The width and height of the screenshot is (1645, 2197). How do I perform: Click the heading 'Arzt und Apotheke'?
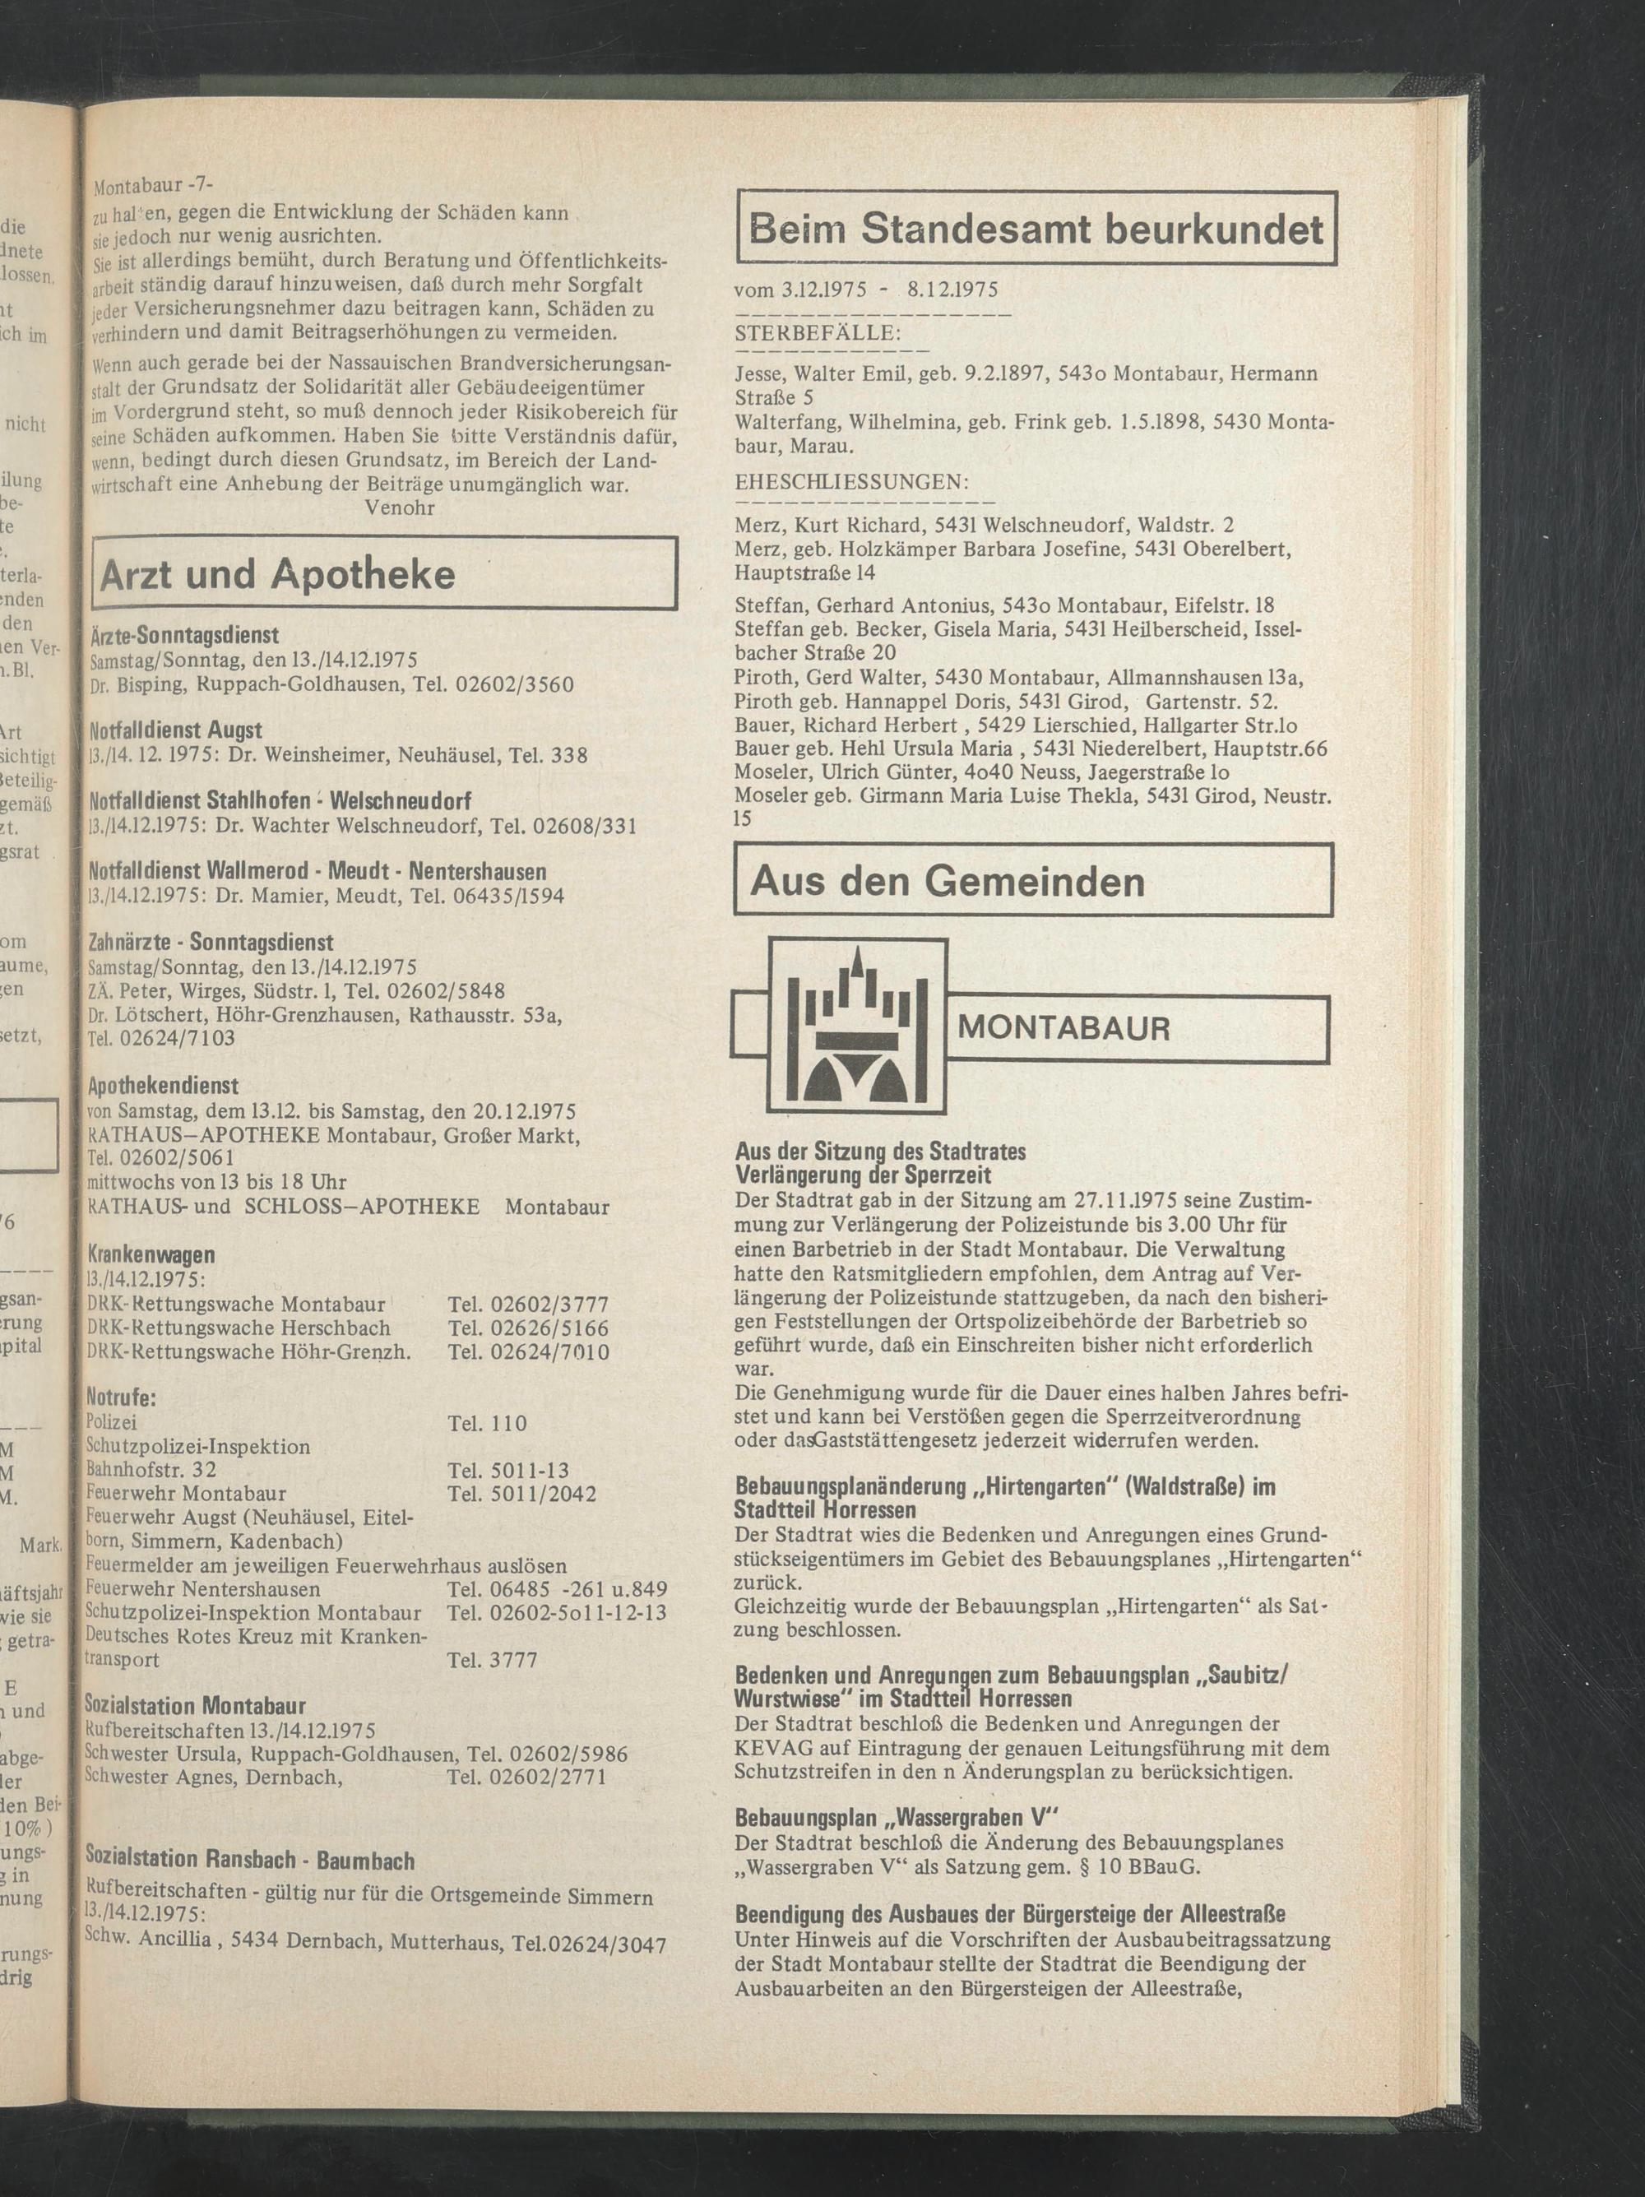coord(277,574)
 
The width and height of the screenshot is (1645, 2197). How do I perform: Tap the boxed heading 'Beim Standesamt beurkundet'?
coord(1036,229)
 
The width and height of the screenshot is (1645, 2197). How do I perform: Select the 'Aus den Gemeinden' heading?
coord(948,881)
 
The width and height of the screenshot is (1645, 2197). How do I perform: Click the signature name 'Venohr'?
coord(400,508)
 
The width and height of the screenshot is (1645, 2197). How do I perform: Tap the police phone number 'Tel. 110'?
coord(488,1423)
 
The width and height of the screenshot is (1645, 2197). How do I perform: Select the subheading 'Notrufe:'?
coord(121,1397)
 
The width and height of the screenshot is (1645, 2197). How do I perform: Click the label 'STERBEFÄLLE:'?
coord(817,334)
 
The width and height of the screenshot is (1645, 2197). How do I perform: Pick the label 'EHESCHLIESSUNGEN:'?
coord(851,483)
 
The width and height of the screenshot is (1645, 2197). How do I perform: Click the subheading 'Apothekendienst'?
coord(163,1086)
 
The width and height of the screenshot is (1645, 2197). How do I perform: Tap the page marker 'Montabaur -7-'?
coord(153,186)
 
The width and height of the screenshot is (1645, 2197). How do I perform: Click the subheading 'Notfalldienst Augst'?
coord(175,730)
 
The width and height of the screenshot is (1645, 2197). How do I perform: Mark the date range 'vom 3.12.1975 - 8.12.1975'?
coord(866,290)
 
